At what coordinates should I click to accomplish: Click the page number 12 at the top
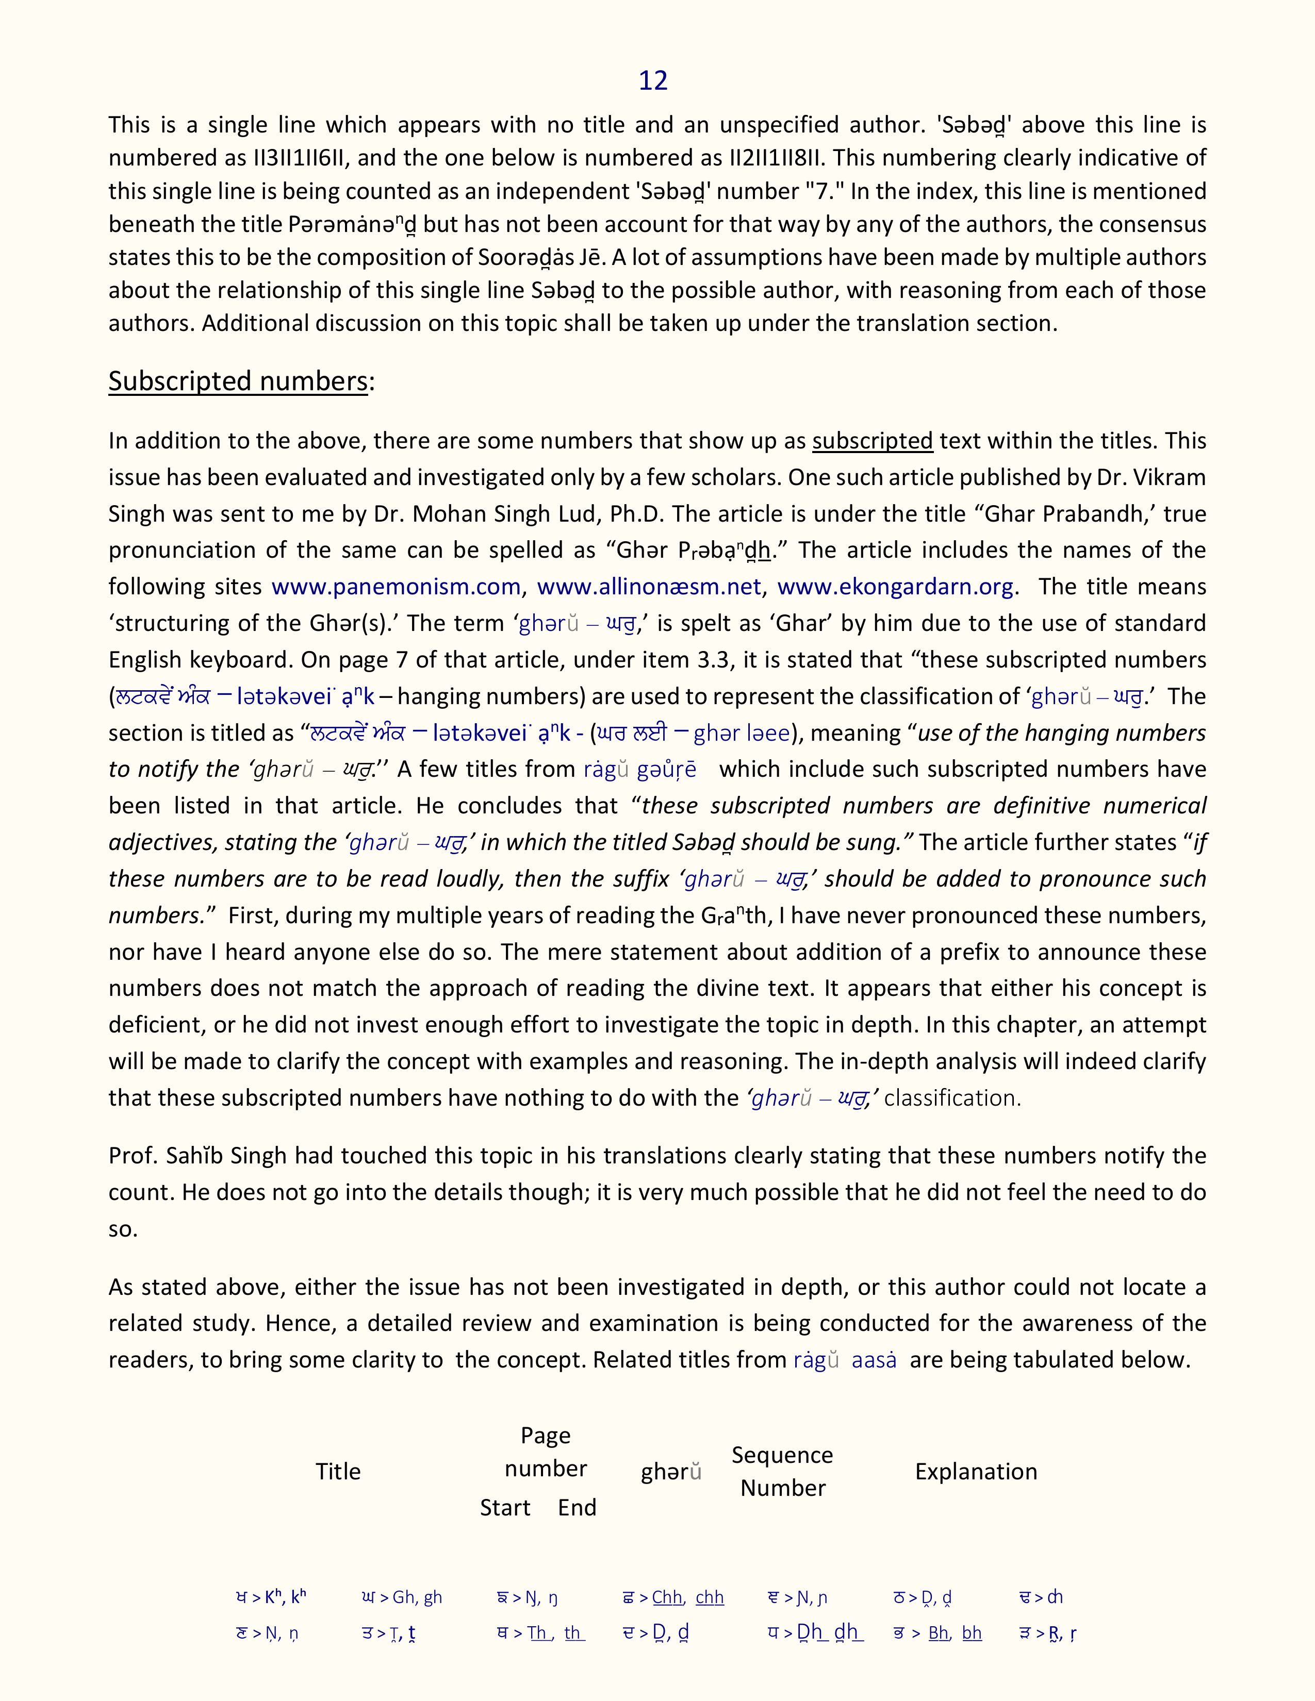pyautogui.click(x=653, y=80)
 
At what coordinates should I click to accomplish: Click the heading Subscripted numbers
pyautogui.click(x=238, y=381)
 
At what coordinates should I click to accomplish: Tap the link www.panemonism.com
pyautogui.click(x=396, y=587)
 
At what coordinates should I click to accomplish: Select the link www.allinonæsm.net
pyautogui.click(x=649, y=587)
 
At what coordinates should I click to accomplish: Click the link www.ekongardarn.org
pyautogui.click(x=896, y=587)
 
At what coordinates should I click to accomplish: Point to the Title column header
pyautogui.click(x=338, y=1471)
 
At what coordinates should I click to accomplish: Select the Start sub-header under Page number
pyautogui.click(x=505, y=1507)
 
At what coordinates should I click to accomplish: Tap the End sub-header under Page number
pyautogui.click(x=577, y=1507)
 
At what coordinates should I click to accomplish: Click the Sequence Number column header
pyautogui.click(x=782, y=1471)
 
